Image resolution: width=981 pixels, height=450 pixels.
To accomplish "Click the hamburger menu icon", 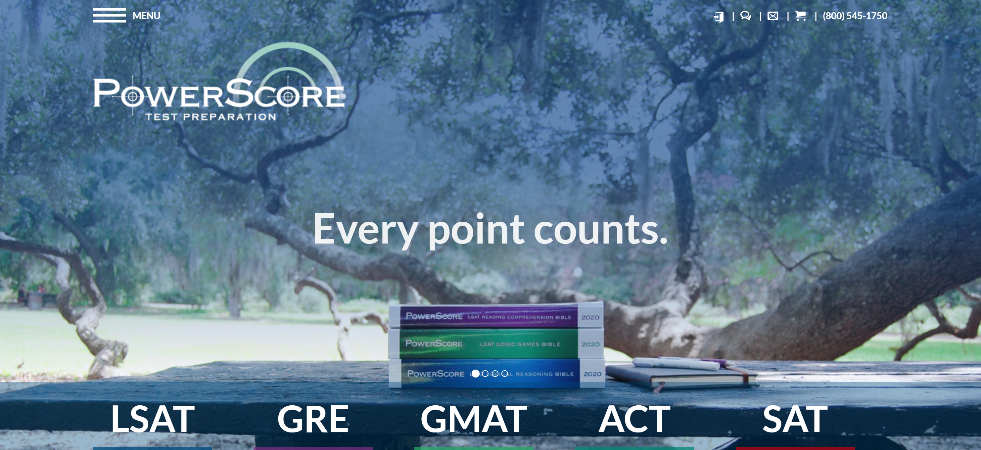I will (109, 15).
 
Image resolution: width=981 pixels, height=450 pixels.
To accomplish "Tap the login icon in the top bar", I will (719, 16).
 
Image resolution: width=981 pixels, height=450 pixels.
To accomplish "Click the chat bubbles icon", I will (746, 16).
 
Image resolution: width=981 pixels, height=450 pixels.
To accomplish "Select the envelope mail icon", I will (773, 16).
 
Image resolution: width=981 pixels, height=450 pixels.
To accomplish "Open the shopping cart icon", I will (801, 16).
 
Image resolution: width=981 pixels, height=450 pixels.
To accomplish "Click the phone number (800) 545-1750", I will (855, 16).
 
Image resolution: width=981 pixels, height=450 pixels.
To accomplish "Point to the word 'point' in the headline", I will (476, 230).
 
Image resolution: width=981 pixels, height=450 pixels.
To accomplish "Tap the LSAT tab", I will (153, 419).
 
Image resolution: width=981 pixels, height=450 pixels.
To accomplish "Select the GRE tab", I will (313, 419).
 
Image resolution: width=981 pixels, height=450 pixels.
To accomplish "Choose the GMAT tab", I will (474, 419).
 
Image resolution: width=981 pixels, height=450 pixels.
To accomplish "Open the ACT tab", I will (634, 419).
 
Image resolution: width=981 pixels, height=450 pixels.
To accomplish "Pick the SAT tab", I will (795, 419).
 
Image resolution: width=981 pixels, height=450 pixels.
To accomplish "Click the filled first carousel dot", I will (475, 374).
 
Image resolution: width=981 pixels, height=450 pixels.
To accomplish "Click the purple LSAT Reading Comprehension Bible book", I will (495, 316).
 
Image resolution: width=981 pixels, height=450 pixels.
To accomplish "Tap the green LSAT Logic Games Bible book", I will (495, 344).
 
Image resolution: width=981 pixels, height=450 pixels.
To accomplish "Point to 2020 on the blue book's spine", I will (592, 374).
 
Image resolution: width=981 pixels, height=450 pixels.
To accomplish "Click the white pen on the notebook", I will (676, 364).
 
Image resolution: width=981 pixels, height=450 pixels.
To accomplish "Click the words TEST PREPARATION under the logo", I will (210, 117).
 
